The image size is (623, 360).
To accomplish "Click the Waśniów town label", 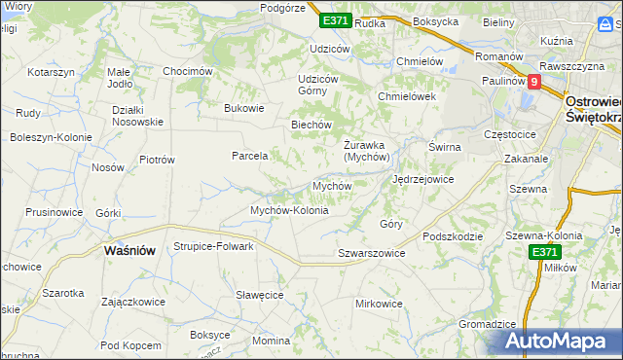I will pyautogui.click(x=129, y=250).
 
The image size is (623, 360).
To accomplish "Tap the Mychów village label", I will pyautogui.click(x=331, y=185).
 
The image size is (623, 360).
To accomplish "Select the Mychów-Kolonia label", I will pyautogui.click(x=289, y=210).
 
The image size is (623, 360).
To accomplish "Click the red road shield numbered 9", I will pyautogui.click(x=533, y=83).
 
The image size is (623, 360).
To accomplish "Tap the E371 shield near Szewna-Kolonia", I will pyautogui.click(x=545, y=252).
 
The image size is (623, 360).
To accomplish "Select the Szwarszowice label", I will pyautogui.click(x=371, y=253).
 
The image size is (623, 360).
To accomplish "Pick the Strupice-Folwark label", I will pyautogui.click(x=213, y=246).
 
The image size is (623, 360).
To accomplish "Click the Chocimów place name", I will pyautogui.click(x=188, y=71).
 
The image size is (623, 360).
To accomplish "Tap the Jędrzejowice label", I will pyautogui.click(x=422, y=180).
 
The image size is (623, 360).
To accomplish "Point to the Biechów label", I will pyautogui.click(x=312, y=125).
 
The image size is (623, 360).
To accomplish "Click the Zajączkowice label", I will pyautogui.click(x=132, y=302).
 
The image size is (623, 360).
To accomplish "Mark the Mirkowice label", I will pyautogui.click(x=379, y=304).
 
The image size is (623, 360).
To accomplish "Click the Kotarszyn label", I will pyautogui.click(x=52, y=73).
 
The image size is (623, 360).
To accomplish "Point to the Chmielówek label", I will pyautogui.click(x=406, y=97).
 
